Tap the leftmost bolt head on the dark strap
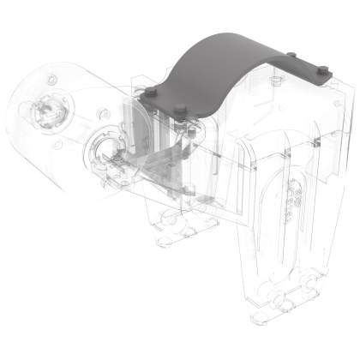(151, 90)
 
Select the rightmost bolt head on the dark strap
(324, 73)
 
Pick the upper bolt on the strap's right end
(294, 57)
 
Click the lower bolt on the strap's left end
(182, 109)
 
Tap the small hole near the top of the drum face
(52, 80)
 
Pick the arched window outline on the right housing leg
(283, 214)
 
